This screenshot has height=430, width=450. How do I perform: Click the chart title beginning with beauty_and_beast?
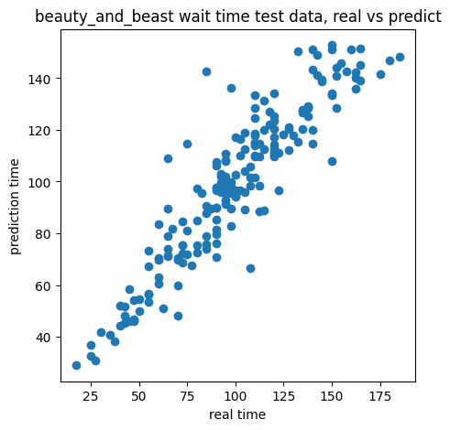pos(238,16)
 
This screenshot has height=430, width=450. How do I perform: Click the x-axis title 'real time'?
pos(237,414)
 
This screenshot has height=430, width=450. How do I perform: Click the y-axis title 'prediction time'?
pos(15,207)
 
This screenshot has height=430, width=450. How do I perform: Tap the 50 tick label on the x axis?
pos(139,396)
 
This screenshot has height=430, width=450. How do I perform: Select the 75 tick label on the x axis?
pos(187,396)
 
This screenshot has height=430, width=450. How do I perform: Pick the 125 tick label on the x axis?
pos(283,396)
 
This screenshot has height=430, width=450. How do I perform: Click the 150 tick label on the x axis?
pos(332,396)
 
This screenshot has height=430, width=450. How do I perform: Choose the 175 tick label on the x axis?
pos(380,396)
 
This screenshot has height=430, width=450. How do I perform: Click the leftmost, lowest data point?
pos(76,365)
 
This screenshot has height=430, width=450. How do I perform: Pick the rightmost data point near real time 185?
pos(400,57)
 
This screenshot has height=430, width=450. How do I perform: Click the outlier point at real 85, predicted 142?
pos(206,72)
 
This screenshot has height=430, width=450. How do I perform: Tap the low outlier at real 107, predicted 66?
pos(250,269)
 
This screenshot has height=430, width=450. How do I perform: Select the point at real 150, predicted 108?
pos(332,161)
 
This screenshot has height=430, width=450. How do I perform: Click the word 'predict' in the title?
pos(415,16)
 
